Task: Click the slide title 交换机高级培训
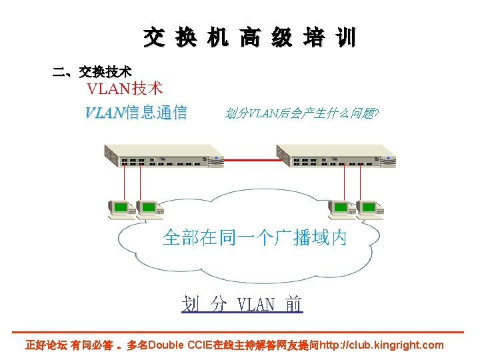[x=249, y=38]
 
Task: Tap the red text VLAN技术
[x=125, y=89]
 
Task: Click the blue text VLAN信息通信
[x=136, y=113]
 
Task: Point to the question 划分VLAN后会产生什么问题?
[x=302, y=113]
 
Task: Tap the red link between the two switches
[x=249, y=160]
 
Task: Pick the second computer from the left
[x=148, y=209]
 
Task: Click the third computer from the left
[x=341, y=209]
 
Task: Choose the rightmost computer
[x=369, y=209]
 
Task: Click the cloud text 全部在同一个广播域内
[x=255, y=238]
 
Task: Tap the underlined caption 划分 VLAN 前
[x=242, y=305]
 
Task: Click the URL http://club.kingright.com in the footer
[x=381, y=345]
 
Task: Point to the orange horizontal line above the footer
[x=240, y=332]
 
